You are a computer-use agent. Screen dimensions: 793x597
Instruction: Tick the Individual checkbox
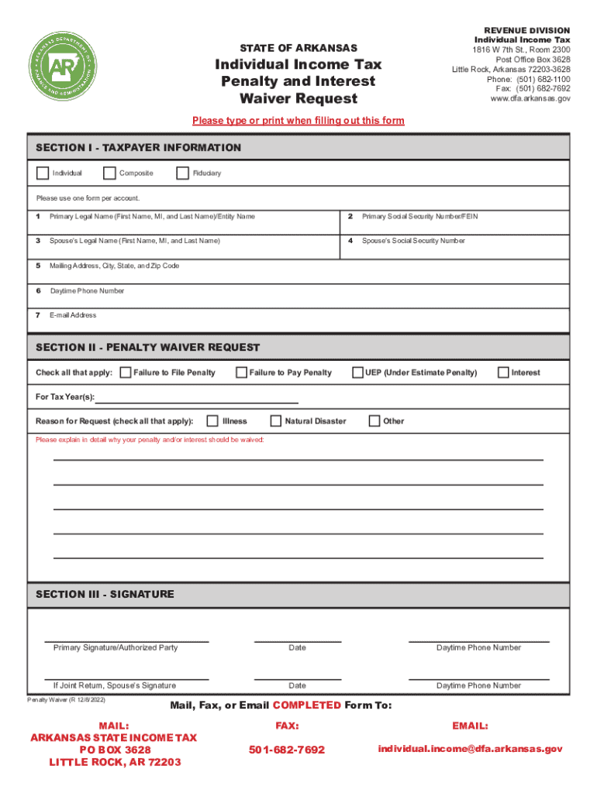click(x=42, y=173)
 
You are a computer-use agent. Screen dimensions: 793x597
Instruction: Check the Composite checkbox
click(x=109, y=173)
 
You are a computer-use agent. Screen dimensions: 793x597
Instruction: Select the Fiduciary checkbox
click(x=183, y=173)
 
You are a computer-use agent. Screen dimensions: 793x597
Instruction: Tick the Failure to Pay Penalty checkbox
click(x=241, y=372)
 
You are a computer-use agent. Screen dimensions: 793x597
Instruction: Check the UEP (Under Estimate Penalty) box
click(x=358, y=372)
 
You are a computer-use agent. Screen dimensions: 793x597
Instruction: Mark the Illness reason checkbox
click(x=212, y=421)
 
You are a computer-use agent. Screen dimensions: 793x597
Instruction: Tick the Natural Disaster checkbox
click(x=275, y=421)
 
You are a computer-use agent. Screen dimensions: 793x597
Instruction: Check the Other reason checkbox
click(x=374, y=421)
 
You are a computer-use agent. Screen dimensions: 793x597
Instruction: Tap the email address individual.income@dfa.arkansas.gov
click(x=470, y=749)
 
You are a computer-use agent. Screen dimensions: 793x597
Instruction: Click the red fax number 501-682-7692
click(x=287, y=750)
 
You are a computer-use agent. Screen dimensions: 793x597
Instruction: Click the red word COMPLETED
click(x=306, y=705)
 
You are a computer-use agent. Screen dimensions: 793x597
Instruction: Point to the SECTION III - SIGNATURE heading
click(x=105, y=594)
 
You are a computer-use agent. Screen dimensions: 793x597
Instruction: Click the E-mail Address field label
click(x=73, y=315)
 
